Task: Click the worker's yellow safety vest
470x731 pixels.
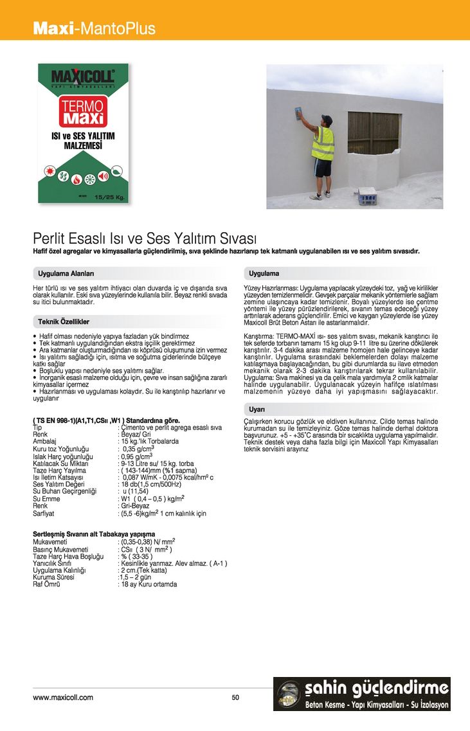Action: [323, 143]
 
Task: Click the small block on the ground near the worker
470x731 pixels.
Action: [368, 195]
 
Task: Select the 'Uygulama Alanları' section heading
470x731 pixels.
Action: [66, 273]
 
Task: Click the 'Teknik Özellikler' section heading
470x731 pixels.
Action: [63, 321]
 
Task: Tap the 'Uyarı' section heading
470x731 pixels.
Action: [257, 409]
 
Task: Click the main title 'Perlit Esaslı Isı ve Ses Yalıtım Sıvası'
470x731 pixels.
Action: [145, 238]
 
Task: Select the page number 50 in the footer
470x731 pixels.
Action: [235, 698]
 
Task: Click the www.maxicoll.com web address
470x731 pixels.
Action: [63, 698]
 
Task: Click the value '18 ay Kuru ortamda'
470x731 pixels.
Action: [147, 584]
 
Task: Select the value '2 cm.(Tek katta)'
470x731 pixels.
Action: [143, 570]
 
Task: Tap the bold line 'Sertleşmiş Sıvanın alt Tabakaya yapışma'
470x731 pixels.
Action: [94, 534]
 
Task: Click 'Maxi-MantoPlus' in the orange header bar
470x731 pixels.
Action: [94, 28]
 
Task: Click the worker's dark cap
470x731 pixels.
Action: [327, 120]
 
